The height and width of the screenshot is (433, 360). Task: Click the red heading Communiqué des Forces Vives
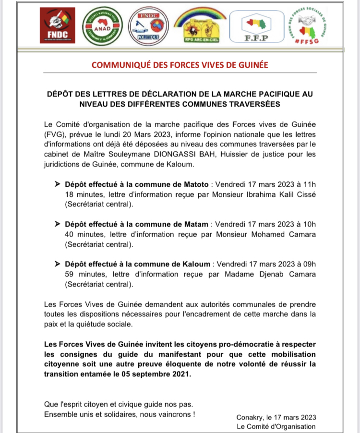(x=180, y=65)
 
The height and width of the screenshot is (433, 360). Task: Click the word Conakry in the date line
(x=251, y=417)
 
